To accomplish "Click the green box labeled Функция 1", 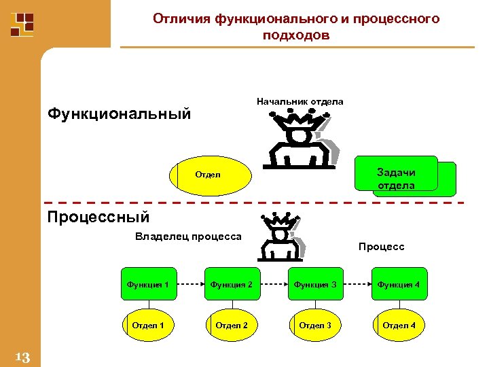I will pos(148,284).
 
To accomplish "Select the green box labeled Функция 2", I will pos(231,284).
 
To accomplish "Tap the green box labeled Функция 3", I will pos(314,284).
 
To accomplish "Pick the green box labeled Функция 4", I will pos(399,284).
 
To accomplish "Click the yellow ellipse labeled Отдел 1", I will pos(148,326).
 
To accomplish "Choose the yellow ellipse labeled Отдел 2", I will pos(231,326).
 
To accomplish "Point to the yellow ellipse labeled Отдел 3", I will pos(314,326).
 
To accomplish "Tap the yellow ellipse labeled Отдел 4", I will pos(399,326).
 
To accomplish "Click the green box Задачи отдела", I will pos(396,179).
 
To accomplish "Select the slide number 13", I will pos(22,357).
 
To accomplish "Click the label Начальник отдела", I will pos(300,102).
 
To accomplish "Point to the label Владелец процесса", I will pos(188,237).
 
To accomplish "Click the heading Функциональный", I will pos(119,113).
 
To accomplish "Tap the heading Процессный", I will pos(98,217).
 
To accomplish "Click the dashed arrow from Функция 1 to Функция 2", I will pos(189,284).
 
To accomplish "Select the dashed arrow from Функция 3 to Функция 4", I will pos(357,284).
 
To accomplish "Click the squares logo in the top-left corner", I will pos(22,24).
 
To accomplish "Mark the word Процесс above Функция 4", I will pos(381,247).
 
